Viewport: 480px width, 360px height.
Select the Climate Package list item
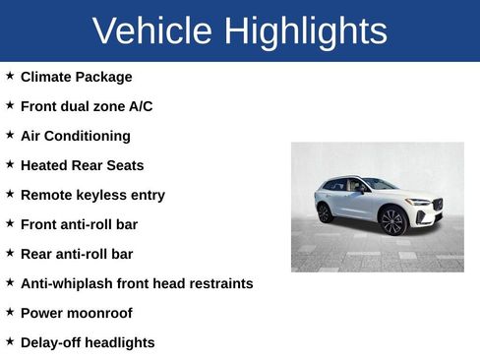pos(76,77)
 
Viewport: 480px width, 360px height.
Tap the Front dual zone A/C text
pos(87,106)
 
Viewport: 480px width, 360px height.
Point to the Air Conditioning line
pos(75,136)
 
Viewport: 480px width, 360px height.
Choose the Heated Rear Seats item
pos(82,165)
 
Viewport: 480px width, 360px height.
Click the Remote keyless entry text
pos(92,195)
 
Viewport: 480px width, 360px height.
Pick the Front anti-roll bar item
pos(79,224)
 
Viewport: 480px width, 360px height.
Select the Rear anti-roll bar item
pos(77,254)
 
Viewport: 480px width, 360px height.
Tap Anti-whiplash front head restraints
pos(137,283)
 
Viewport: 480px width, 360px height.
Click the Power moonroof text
pos(76,313)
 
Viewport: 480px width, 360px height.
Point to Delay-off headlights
pos(88,342)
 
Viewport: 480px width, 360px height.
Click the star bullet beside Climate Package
pos(10,75)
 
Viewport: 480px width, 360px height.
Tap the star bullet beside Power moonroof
pos(10,311)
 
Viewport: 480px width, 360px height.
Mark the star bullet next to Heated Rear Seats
pos(10,163)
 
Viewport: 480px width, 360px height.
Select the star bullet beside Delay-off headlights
pos(10,340)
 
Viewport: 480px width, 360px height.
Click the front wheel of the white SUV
pos(392,220)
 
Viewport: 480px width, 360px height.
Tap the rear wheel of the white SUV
pos(325,212)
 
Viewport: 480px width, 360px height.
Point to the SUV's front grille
pos(437,206)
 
